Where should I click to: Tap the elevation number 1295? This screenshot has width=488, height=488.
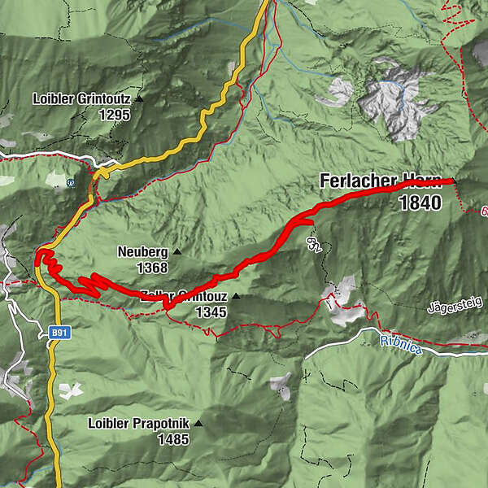114,115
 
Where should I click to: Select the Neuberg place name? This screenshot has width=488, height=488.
142,251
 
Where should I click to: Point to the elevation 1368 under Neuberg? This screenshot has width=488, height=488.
152,267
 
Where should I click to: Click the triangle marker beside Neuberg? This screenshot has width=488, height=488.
177,252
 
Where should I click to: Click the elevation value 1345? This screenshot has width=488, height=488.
211,312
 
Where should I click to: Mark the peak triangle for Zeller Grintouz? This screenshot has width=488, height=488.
236,297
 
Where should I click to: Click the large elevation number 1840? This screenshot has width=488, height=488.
420,203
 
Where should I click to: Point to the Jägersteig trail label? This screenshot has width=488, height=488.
455,305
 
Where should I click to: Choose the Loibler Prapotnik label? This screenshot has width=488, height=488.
138,424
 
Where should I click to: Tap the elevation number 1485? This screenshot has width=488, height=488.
173,440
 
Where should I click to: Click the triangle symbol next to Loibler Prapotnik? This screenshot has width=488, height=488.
198,424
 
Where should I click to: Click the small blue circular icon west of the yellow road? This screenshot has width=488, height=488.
71,182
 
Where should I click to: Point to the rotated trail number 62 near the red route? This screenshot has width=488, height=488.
312,245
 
